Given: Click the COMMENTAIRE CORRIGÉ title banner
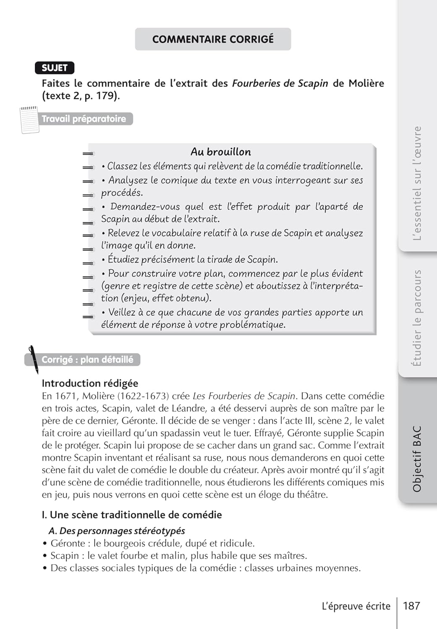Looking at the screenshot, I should (213, 39).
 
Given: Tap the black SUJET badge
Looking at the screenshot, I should (55, 68).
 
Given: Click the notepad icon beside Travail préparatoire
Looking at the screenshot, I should (29, 120).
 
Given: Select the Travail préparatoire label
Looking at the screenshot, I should (84, 119).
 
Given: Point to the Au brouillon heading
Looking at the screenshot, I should (221, 152).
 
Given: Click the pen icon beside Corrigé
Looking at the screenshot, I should (33, 359).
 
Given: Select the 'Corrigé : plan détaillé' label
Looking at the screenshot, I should (87, 360).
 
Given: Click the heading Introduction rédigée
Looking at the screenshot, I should (90, 383).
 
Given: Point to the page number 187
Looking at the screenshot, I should (411, 606).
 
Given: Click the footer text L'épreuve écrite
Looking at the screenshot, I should (356, 606).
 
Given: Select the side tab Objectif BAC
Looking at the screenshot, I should (417, 459).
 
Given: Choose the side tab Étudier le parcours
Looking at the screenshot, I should (417, 318).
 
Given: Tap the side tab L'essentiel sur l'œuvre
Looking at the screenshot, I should (417, 183).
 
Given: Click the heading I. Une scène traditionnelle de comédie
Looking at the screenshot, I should (132, 515).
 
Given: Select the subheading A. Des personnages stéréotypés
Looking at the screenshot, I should (117, 531).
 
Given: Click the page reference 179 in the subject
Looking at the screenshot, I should (106, 96).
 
